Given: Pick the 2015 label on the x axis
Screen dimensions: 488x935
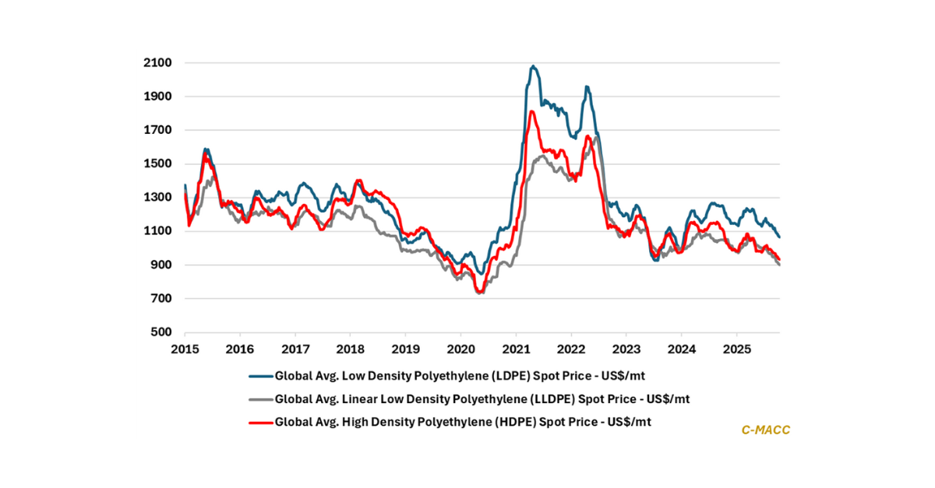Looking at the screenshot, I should tap(185, 348).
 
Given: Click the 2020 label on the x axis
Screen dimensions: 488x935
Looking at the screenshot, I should tap(460, 348).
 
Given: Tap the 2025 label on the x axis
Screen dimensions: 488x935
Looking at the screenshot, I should tap(737, 348).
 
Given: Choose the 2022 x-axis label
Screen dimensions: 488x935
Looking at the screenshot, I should tap(571, 348).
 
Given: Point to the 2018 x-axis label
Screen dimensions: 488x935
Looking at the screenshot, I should tap(351, 348).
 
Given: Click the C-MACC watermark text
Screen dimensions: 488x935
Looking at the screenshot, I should tap(766, 430).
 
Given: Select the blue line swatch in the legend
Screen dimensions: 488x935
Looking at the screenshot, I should tap(259, 375).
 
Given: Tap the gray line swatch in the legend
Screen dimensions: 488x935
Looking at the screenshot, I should tap(259, 399).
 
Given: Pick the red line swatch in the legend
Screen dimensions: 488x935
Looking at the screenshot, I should tap(259, 423).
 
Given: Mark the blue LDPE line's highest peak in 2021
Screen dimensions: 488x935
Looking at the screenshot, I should tap(533, 66).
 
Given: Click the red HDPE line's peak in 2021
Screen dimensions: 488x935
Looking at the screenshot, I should tap(531, 112).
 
